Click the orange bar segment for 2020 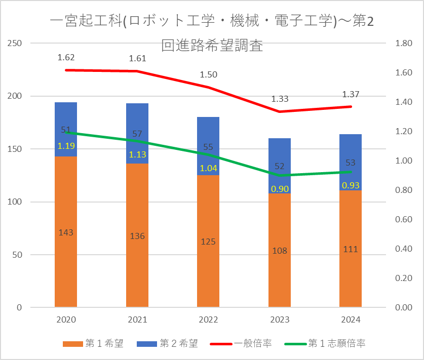click(x=66, y=231)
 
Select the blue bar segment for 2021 click(x=137, y=134)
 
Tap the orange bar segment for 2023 click(x=280, y=250)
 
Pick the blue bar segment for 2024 click(x=351, y=162)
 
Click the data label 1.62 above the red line click(x=66, y=58)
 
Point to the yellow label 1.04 click(x=209, y=169)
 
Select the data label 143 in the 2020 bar click(x=66, y=232)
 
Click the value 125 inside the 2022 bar click(x=208, y=242)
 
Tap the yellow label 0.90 click(x=280, y=189)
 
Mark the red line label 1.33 click(x=280, y=99)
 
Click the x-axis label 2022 click(x=208, y=319)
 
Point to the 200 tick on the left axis click(x=15, y=96)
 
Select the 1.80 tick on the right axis click(x=404, y=43)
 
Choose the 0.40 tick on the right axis click(x=404, y=249)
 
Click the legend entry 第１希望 click(x=93, y=343)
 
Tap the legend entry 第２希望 click(x=167, y=343)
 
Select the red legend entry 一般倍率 click(x=241, y=343)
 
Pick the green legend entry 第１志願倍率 click(x=325, y=343)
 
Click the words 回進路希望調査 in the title click(x=212, y=46)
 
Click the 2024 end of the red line click(x=351, y=106)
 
